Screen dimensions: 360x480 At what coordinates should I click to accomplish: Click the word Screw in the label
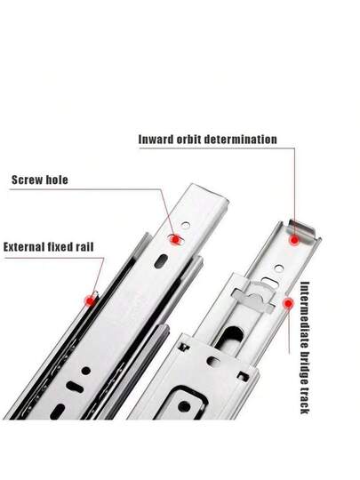27,180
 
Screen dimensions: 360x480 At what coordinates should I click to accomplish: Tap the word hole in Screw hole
56,180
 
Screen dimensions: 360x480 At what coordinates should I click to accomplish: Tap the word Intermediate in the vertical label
305,315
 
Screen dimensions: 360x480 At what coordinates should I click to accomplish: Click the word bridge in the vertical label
305,368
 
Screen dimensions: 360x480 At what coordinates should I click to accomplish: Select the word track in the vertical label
305,401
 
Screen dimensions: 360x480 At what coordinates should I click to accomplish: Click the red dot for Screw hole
175,239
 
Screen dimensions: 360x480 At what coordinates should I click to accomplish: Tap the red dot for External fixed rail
91,301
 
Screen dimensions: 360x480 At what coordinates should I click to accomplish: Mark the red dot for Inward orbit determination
294,240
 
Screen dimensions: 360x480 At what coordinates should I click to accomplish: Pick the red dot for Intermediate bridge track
288,303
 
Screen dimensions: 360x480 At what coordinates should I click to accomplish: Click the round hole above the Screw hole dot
186,226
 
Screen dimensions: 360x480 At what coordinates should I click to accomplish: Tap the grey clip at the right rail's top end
302,232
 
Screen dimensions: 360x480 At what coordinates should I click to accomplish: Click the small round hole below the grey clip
279,268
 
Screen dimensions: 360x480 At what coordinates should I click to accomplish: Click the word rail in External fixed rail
84,247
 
